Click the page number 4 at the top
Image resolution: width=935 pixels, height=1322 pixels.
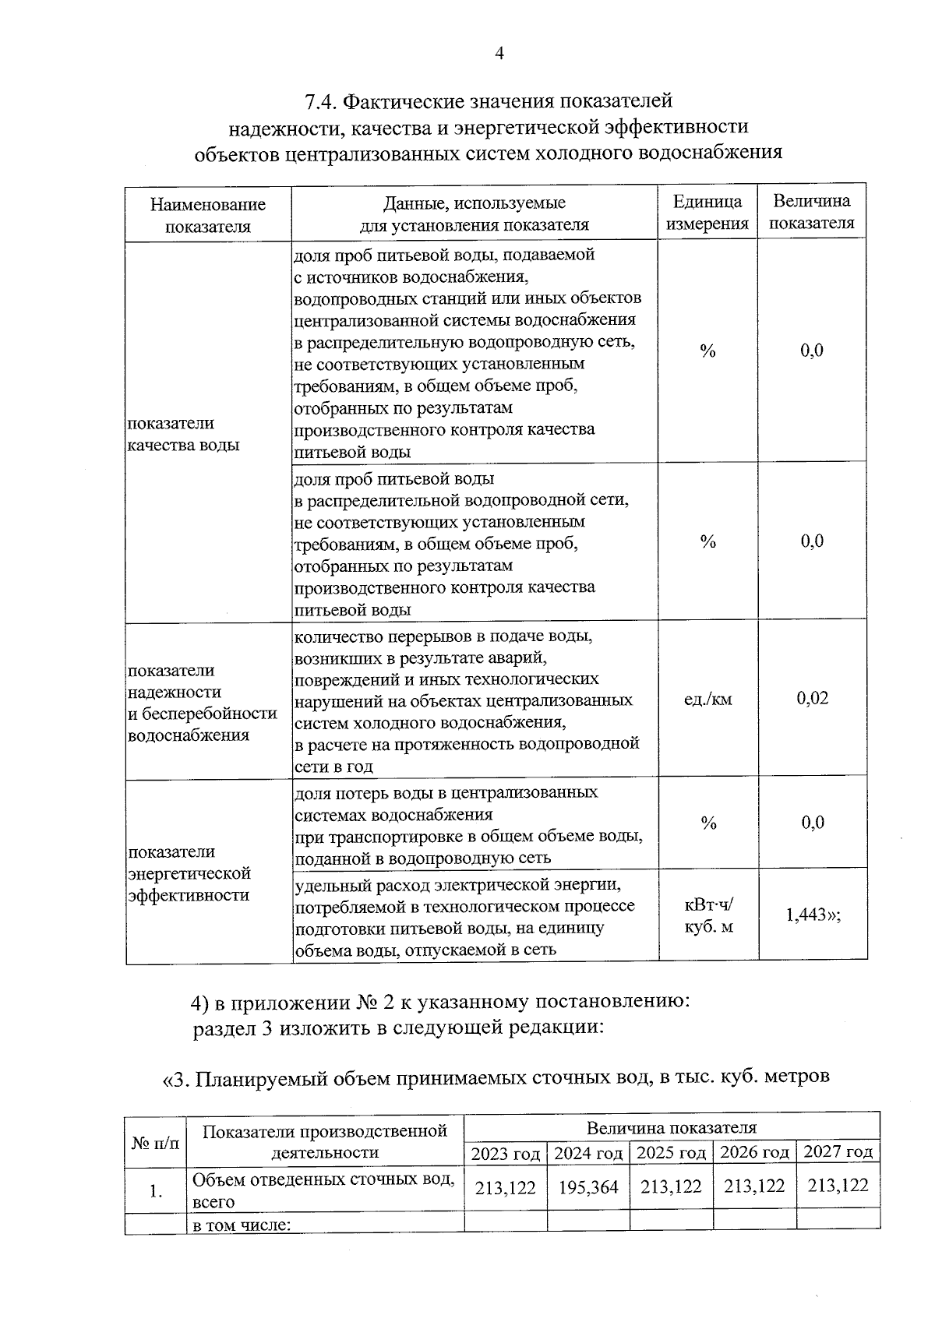499,53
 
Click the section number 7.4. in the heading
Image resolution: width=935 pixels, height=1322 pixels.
319,102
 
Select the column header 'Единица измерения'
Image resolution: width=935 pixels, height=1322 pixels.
707,213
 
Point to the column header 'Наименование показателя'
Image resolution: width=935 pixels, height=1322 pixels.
207,215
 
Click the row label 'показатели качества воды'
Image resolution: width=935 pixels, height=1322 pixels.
183,434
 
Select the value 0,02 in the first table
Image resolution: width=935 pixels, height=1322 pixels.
812,698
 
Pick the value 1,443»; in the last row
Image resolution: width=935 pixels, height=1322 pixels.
813,915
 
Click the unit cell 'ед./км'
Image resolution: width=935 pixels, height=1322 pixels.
707,700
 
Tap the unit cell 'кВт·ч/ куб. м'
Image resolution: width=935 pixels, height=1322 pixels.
708,916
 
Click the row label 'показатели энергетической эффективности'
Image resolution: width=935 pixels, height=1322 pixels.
189,873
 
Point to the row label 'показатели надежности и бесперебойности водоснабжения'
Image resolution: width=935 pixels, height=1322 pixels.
202,703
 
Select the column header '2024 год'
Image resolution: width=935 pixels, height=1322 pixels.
588,1152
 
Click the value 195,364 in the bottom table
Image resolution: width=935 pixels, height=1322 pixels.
588,1187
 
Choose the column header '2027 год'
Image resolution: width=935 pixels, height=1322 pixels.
838,1151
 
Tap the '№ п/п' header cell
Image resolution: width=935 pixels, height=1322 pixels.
156,1143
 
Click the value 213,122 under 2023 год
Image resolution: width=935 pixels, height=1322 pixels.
505,1187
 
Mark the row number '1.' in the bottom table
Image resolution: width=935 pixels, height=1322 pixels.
156,1190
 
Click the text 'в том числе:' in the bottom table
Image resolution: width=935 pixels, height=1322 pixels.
242,1225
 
